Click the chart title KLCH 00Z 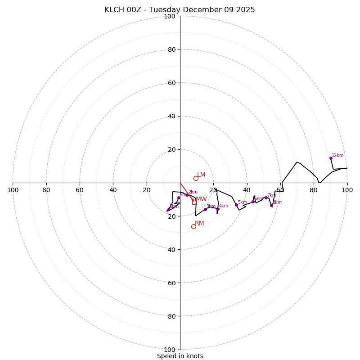pos(180,10)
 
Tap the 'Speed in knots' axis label pos(180,356)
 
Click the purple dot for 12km pos(331,158)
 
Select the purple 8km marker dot pos(271,205)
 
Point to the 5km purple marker pos(236,205)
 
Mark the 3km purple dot pos(206,209)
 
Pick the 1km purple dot pos(169,209)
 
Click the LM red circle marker pos(196,178)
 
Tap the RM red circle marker pos(193,226)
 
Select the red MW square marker pos(194,202)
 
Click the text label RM pos(199,223)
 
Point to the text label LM pos(201,175)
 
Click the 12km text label pos(337,156)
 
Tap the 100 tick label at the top pos(170,16)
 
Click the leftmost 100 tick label pos(13,190)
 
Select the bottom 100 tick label pos(170,350)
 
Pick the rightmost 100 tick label pos(347,190)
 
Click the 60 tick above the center pos(171,83)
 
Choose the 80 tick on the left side pos(46,190)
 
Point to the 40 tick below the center pos(171,249)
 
